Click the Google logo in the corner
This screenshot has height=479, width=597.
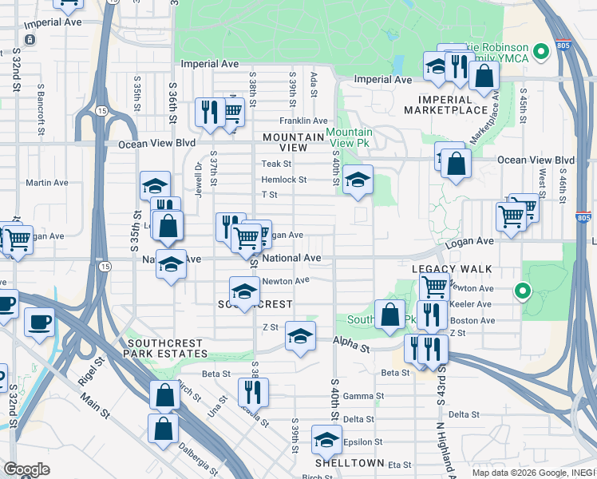[26, 469]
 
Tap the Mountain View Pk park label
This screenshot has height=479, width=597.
[349, 137]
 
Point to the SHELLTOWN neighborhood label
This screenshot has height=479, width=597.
[350, 463]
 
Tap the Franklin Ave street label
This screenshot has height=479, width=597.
[300, 121]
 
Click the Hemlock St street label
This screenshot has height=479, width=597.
[283, 180]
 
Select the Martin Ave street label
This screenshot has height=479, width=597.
[41, 183]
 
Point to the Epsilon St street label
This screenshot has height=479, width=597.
[363, 441]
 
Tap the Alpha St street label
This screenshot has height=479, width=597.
[352, 348]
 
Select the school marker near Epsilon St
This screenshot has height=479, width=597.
[326, 440]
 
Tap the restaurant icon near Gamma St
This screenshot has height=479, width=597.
[253, 391]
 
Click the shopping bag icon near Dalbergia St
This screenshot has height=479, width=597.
[164, 428]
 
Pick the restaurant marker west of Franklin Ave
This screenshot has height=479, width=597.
[209, 112]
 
